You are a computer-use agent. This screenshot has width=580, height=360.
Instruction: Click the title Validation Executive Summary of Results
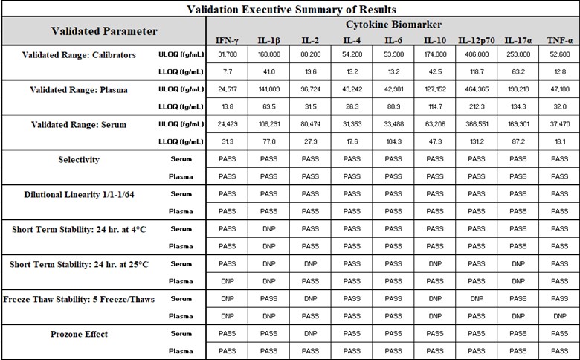[290, 9]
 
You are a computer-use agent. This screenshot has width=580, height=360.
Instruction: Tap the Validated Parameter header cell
[103, 31]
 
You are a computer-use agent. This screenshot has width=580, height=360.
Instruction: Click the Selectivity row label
[79, 160]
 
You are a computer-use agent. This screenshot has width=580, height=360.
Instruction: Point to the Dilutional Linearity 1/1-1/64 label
[79, 195]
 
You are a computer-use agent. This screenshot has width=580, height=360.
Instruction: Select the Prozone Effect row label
[79, 334]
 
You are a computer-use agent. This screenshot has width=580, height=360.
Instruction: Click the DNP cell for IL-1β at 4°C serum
[268, 229]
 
